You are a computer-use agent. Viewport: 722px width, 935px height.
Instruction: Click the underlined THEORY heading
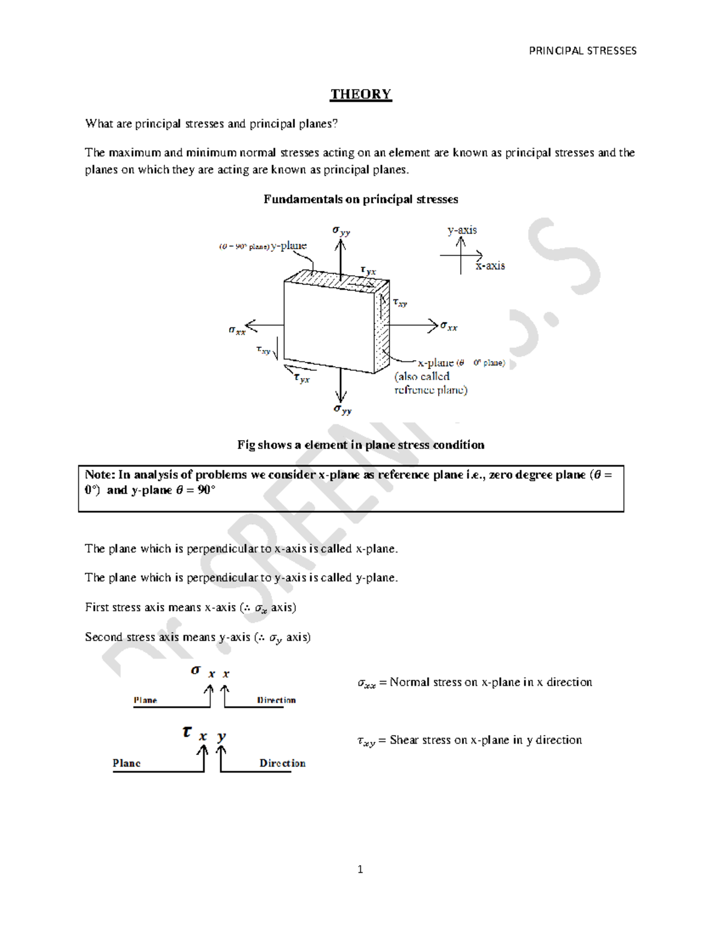coord(361,95)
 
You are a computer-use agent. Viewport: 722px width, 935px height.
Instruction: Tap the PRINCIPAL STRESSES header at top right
coord(582,51)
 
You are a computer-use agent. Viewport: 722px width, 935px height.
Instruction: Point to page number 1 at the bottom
coord(360,869)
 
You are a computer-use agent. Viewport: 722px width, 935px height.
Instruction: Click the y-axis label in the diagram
coord(462,230)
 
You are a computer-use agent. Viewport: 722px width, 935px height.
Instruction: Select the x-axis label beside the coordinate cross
coord(490,266)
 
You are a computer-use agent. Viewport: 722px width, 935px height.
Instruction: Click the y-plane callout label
coord(288,246)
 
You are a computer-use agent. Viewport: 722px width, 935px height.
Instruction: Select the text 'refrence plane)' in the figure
coord(431,390)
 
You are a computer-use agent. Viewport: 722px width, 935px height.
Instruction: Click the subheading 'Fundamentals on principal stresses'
coord(361,199)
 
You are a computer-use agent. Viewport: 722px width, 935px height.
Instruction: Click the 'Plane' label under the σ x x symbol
coord(145,700)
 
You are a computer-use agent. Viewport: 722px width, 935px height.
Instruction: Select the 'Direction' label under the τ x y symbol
coord(282,763)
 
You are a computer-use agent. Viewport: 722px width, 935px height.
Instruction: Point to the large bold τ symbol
coord(187,733)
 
